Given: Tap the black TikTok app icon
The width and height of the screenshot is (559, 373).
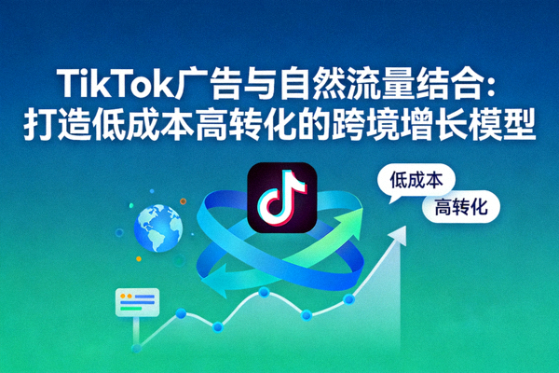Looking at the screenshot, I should coord(279,198).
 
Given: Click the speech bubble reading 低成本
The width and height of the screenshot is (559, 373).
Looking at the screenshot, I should coord(416,176).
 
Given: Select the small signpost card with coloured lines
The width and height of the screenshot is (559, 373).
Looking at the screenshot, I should coord(137,301).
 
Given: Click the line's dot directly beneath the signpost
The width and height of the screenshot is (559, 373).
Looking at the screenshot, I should coord(136,348).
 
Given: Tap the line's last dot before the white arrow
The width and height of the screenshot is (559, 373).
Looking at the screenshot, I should coord(348,298).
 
